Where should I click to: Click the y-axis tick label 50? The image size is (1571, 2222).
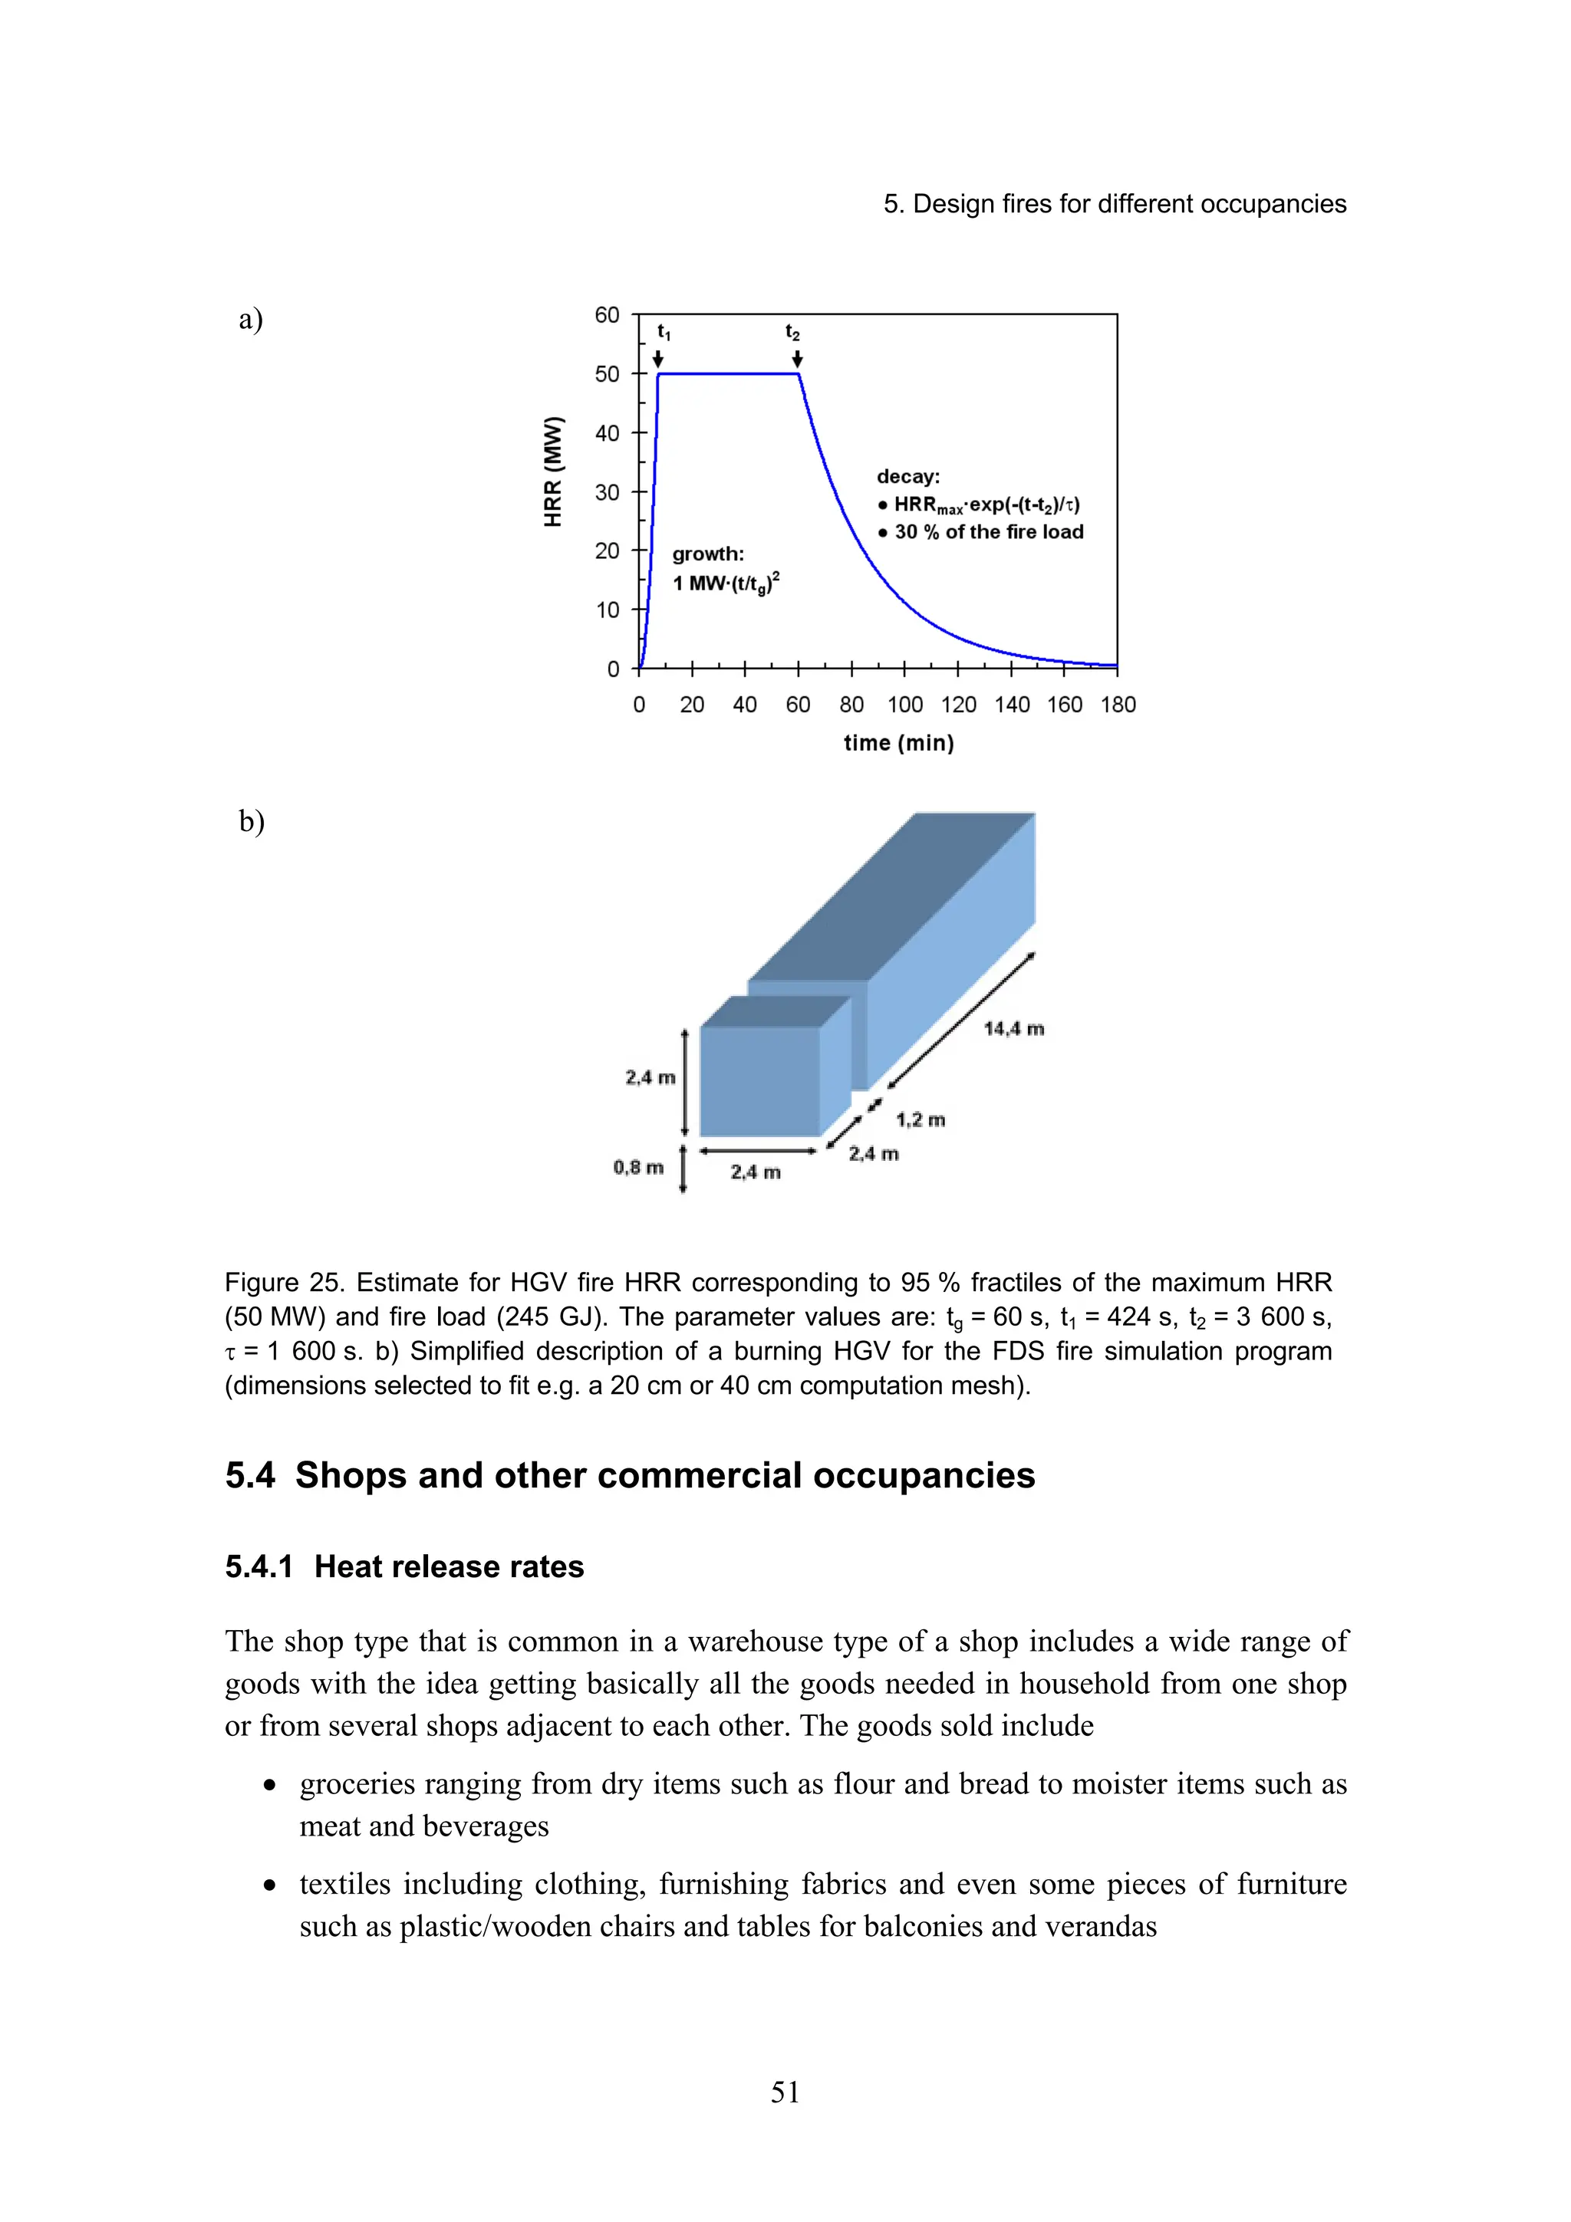click(x=607, y=374)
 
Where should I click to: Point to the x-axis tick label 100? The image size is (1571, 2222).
click(x=904, y=705)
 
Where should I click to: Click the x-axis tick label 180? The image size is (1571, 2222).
click(x=1117, y=705)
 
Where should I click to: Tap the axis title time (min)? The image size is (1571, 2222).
click(x=898, y=743)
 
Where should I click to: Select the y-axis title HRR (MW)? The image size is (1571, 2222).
click(x=553, y=472)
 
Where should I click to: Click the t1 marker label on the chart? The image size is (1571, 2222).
click(x=663, y=332)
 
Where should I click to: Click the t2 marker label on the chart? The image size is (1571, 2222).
click(x=792, y=332)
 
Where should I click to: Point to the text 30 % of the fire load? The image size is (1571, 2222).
click(x=988, y=532)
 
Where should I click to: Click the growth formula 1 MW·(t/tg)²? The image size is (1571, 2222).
click(x=726, y=583)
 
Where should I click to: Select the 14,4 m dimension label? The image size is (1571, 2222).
click(x=1013, y=1029)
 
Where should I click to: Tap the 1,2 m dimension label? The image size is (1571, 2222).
click(x=920, y=1119)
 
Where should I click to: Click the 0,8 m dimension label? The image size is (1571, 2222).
click(x=638, y=1167)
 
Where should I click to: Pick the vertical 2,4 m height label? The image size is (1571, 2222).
click(x=650, y=1077)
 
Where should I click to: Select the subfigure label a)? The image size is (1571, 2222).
click(x=251, y=320)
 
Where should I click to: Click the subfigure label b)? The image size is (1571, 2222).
click(x=252, y=822)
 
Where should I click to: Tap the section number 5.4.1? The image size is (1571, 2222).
click(x=259, y=1566)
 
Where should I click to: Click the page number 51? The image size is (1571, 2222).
click(x=785, y=2092)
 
